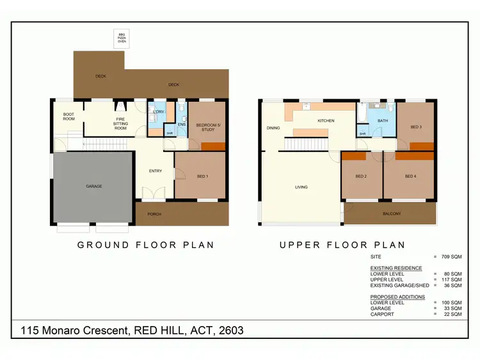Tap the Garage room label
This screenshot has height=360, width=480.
click(94, 186)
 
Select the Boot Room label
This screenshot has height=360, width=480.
click(68, 117)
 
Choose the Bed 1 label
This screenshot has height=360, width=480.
click(202, 176)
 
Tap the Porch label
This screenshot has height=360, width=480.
click(154, 214)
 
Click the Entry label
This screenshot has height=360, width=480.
click(156, 170)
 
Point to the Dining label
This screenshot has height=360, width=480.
click(273, 127)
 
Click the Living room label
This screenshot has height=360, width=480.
click(301, 187)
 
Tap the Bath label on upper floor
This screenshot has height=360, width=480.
click(383, 120)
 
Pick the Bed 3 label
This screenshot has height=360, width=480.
click(416, 127)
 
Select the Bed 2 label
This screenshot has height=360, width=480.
click(360, 176)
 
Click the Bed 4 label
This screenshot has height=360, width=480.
click(410, 176)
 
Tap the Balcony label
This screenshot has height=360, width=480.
click(392, 213)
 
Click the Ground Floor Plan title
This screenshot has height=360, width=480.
click(145, 245)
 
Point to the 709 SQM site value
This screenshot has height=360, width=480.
click(451, 256)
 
